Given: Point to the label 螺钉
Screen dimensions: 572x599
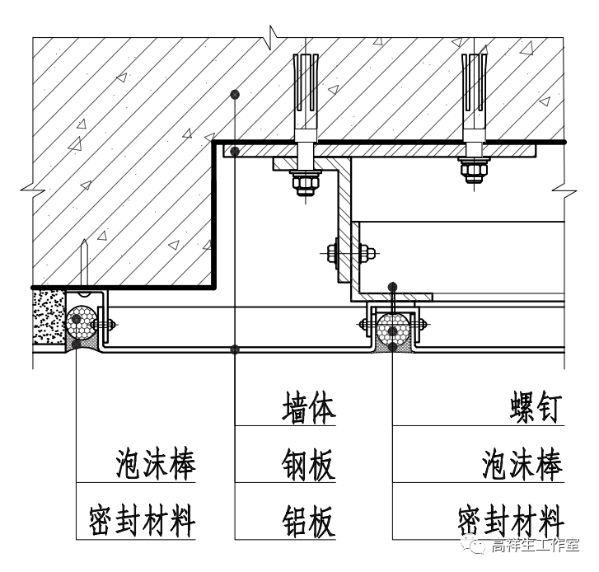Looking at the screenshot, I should click(536, 410).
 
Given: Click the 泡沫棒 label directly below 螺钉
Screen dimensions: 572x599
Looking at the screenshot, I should click(522, 466).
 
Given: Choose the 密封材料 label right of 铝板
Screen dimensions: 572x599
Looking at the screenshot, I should click(511, 523).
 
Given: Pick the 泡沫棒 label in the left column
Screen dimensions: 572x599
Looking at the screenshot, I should click(156, 466).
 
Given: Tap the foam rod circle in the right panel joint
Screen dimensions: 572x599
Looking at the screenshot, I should click(394, 326).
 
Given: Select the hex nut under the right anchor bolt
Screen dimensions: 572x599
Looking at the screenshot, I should click(473, 172).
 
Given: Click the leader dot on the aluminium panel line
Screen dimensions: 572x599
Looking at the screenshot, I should click(236, 349).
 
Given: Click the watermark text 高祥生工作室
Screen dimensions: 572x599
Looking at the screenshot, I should click(535, 547).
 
